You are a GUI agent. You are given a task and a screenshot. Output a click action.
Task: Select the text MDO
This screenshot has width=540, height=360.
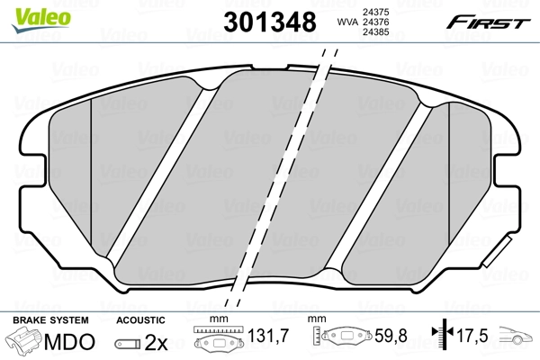pos(66,344)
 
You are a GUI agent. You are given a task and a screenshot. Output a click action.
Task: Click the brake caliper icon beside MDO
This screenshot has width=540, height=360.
pos(24,343)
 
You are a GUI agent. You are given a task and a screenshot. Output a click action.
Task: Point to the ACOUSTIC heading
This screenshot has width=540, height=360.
pos(141,320)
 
